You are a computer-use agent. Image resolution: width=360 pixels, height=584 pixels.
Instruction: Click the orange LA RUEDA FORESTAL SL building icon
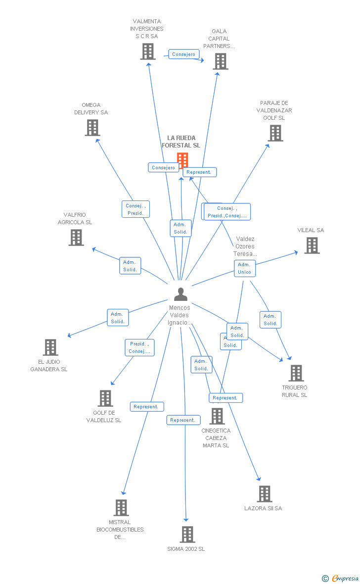point(182,160)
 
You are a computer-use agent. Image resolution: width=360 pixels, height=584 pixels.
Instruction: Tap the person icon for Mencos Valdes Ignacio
point(180,294)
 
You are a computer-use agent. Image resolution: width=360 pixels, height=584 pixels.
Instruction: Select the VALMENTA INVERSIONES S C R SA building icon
point(147,51)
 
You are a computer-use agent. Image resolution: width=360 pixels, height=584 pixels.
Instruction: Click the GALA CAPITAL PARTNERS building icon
point(220,61)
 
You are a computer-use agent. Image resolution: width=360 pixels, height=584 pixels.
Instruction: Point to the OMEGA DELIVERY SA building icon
point(92,128)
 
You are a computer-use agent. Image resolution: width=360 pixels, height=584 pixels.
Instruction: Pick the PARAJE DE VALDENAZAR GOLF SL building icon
point(275,133)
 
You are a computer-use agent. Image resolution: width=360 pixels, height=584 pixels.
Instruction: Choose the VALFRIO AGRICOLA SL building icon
point(76,238)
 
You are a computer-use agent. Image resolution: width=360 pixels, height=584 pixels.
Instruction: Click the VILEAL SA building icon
point(312,245)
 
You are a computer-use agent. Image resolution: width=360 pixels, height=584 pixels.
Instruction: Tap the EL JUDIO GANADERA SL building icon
point(50,347)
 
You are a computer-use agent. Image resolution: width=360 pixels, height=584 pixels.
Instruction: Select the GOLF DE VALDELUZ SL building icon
point(105,398)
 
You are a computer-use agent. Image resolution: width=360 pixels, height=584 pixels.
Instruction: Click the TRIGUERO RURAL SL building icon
point(296,373)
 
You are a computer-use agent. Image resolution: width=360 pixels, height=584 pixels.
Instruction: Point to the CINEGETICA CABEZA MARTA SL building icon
point(217,416)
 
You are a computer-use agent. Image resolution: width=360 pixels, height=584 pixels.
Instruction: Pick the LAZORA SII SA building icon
point(264,494)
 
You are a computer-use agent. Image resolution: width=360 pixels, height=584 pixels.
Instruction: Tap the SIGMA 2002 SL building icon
point(187,535)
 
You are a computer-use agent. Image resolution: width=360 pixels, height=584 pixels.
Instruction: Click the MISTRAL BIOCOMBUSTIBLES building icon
point(121,508)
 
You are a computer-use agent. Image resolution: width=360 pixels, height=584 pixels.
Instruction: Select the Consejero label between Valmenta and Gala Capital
point(184,54)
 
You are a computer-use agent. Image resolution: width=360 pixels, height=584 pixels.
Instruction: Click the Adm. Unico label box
point(245,268)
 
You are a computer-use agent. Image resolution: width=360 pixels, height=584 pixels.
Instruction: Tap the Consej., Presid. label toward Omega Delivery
point(135,209)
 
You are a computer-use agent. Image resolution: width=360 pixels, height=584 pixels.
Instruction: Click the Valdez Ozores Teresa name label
point(245,246)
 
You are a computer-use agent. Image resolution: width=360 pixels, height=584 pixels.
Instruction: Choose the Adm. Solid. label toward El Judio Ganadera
point(118,318)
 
